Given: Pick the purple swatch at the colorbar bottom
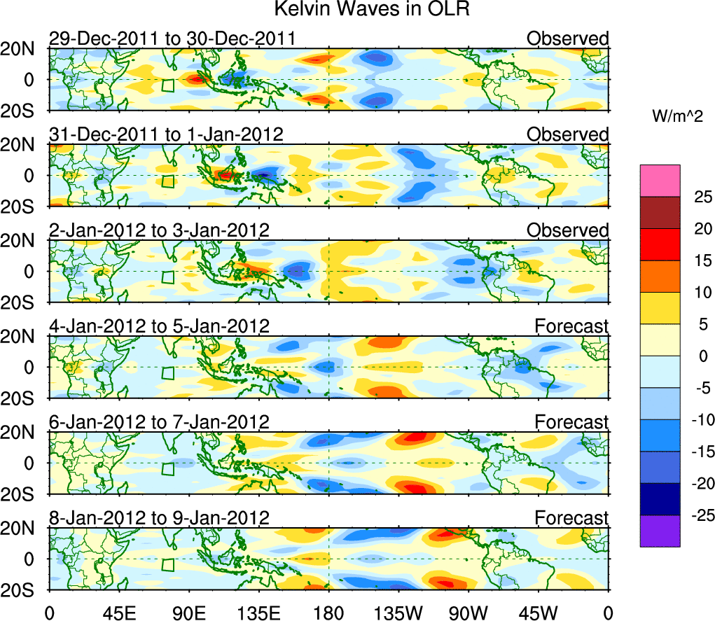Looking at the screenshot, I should tap(660, 531).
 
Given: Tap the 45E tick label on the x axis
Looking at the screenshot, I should tap(118, 611).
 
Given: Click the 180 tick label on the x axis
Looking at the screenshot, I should tap(329, 611).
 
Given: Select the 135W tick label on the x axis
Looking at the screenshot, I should tap(398, 611).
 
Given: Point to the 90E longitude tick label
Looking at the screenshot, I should tap(188, 611).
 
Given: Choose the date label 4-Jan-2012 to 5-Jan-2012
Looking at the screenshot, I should tap(159, 326).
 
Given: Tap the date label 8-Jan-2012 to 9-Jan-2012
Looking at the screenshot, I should tap(159, 518).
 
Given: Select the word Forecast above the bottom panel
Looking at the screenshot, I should tap(572, 518).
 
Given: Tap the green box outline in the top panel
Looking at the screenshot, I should tap(167, 85).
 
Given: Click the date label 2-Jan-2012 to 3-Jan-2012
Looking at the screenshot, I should tap(159, 230).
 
